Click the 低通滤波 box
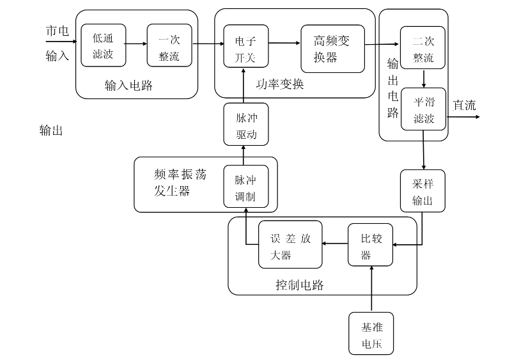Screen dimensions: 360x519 click(x=103, y=45)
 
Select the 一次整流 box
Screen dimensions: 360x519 click(x=169, y=45)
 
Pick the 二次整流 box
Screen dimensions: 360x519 click(x=422, y=48)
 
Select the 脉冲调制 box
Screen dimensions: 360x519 click(x=245, y=187)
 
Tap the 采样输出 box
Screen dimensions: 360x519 click(x=422, y=191)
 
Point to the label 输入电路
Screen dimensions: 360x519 click(x=128, y=86)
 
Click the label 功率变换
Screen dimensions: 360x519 click(x=281, y=84)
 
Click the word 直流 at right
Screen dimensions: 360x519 click(x=464, y=106)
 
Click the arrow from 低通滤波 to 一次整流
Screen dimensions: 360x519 click(x=136, y=44)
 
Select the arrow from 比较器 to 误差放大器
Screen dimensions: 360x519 click(x=334, y=244)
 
